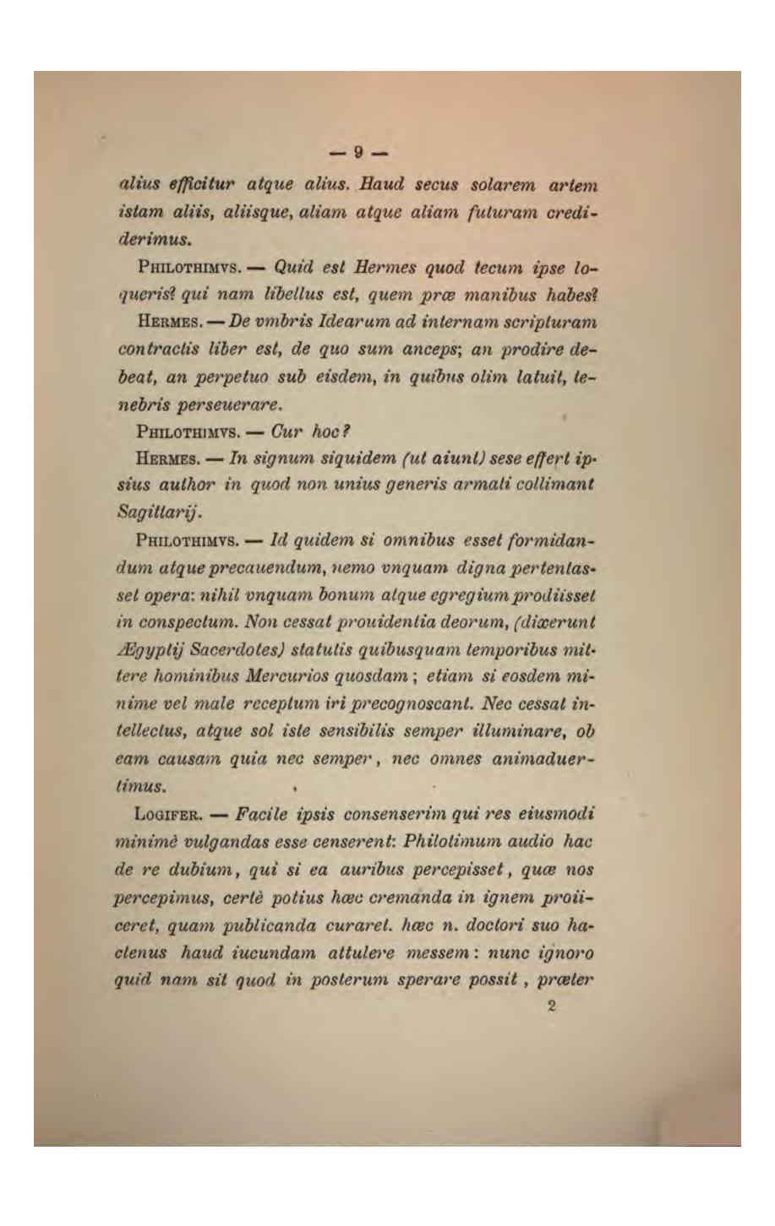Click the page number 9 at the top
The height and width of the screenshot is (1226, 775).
(x=358, y=153)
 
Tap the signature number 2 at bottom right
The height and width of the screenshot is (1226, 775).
(x=552, y=1006)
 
